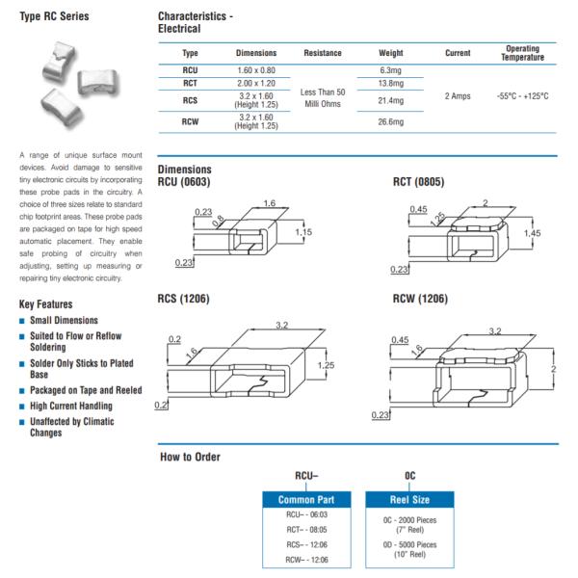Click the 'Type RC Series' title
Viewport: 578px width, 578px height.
[55, 16]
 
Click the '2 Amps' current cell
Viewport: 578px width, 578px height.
[458, 97]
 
